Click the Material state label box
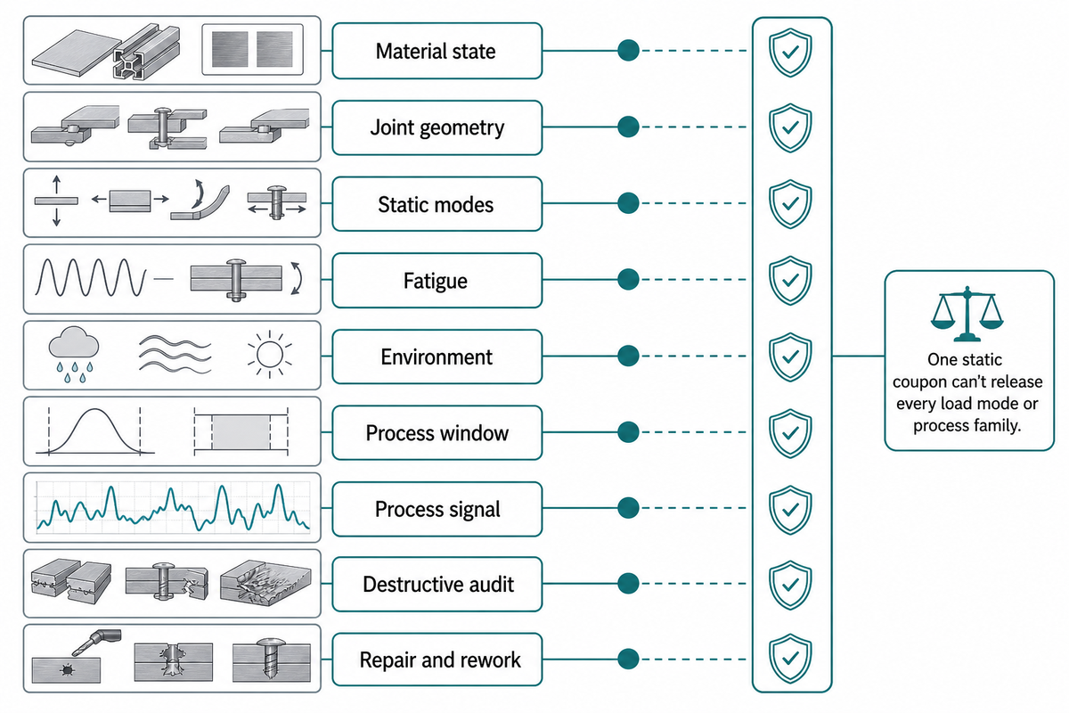(x=437, y=51)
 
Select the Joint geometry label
(x=437, y=127)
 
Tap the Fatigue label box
(x=437, y=281)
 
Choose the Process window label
(x=437, y=433)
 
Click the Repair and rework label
(x=439, y=660)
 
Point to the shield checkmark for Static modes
(x=791, y=204)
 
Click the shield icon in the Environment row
(x=790, y=356)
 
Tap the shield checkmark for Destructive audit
(x=791, y=584)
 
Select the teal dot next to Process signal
(x=628, y=508)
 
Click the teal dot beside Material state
(x=628, y=51)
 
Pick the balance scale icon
(x=967, y=314)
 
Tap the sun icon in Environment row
(x=270, y=355)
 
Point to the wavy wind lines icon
(x=175, y=354)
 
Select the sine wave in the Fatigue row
(x=91, y=277)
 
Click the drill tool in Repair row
(x=96, y=642)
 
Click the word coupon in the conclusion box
(x=920, y=382)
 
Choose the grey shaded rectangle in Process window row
(x=241, y=432)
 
